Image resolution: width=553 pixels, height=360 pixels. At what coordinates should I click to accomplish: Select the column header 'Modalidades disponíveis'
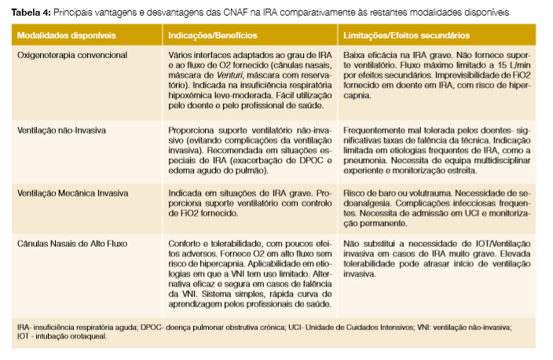tap(56, 36)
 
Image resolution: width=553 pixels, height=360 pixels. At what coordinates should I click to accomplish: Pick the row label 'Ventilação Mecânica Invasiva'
tap(69, 192)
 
